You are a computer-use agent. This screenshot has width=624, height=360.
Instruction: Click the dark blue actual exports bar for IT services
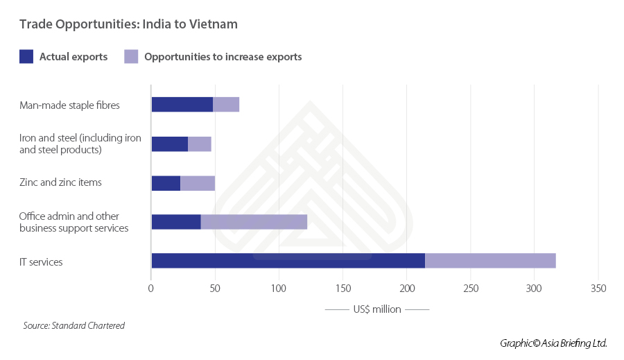tap(288, 261)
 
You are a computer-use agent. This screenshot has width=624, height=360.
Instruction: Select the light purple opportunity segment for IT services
tap(490, 261)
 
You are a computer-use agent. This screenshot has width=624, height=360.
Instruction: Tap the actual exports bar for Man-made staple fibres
tap(182, 104)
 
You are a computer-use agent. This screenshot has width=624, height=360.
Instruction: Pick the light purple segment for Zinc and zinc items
tap(198, 183)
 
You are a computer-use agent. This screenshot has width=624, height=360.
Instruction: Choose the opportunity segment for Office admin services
tap(254, 222)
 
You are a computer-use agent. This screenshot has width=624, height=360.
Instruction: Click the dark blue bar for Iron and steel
tap(169, 144)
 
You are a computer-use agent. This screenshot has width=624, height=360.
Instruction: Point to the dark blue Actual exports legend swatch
tap(26, 57)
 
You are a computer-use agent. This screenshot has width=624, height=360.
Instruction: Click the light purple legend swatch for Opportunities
tap(131, 57)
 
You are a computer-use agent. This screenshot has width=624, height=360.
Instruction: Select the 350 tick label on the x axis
tap(598, 289)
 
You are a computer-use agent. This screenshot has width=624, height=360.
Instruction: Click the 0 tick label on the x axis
tap(151, 289)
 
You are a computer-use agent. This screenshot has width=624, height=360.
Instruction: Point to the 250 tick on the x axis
tap(471, 289)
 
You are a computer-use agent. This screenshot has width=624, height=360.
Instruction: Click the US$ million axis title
tap(377, 309)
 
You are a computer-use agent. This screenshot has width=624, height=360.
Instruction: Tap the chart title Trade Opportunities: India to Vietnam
tap(128, 24)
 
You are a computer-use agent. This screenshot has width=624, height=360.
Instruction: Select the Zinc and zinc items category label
tap(60, 182)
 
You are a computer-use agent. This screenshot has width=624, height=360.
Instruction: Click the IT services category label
tap(41, 262)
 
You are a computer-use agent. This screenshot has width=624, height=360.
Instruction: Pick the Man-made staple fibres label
tap(69, 105)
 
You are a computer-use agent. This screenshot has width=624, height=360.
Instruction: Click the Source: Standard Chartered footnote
tap(74, 325)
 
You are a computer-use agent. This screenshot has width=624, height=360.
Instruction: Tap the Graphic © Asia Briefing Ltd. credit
tap(553, 343)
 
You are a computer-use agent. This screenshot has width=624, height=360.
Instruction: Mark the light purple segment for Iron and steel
tap(200, 144)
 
